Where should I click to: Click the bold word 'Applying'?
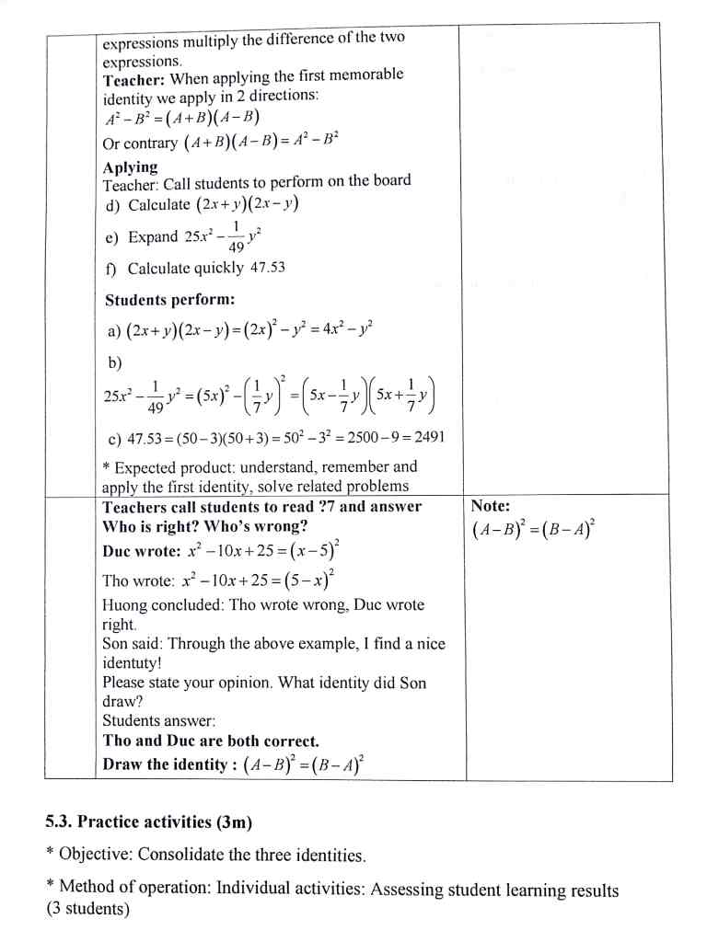(x=131, y=167)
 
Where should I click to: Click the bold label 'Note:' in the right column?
(x=490, y=506)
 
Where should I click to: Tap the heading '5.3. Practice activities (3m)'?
(x=149, y=821)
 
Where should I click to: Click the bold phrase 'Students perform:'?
(x=170, y=300)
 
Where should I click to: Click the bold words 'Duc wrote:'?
(x=142, y=551)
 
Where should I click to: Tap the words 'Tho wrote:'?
(x=138, y=580)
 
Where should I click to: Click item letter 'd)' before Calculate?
(x=115, y=205)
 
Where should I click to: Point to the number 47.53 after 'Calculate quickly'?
(x=268, y=268)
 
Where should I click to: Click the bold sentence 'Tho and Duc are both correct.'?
(x=211, y=741)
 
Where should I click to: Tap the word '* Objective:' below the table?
(x=89, y=855)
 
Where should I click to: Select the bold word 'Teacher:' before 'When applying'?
(x=134, y=79)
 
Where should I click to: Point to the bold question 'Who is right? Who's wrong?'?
(x=204, y=527)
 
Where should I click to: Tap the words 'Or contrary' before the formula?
(x=141, y=144)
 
